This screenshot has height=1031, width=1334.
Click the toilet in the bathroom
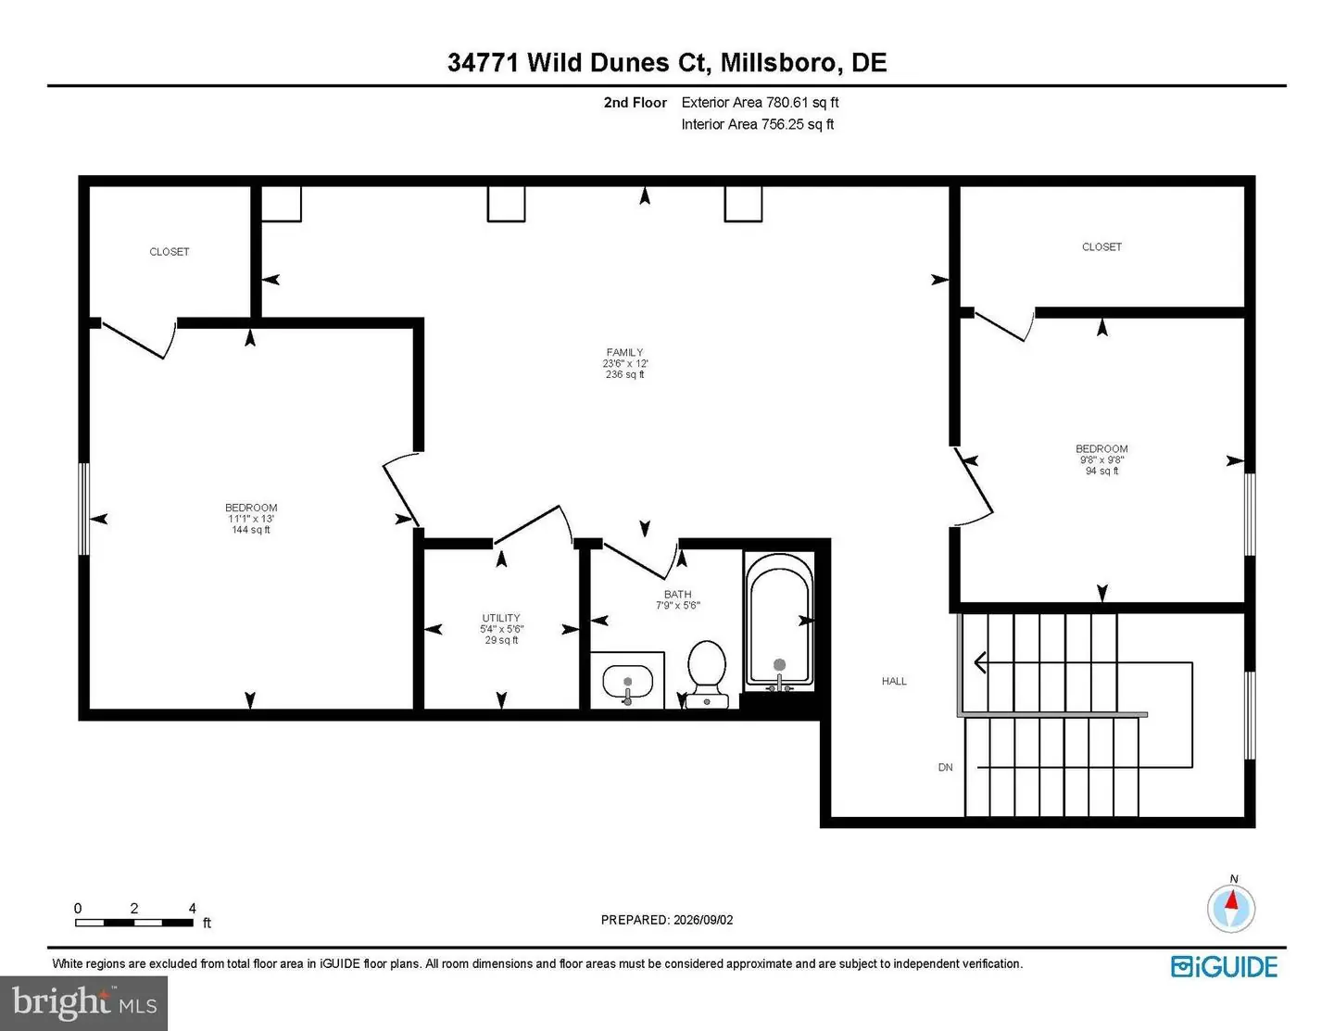pos(707,674)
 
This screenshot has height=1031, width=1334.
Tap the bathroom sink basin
pos(627,682)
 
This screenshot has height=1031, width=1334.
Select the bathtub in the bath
pos(779,622)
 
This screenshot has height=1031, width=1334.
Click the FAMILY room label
pos(625,352)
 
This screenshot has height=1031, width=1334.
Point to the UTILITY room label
pos(501,618)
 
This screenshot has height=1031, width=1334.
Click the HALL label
pos(894,681)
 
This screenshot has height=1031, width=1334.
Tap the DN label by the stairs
pos(946,767)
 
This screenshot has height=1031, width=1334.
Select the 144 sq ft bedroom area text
pos(251,530)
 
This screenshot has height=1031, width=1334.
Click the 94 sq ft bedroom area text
pos(1102,471)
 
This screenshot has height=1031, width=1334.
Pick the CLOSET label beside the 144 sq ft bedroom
pos(170,252)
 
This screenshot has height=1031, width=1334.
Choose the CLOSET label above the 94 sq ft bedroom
pos(1102,246)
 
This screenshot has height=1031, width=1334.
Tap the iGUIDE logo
pos(1224,966)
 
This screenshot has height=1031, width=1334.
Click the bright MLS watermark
pos(84,1002)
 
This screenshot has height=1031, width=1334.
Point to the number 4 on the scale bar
pos(192,908)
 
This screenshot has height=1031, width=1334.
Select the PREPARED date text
pos(667,919)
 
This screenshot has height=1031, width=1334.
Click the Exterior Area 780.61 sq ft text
pos(760,103)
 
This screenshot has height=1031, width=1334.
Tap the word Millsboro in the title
pos(778,63)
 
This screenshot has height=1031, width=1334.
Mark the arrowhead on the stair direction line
pos(980,663)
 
